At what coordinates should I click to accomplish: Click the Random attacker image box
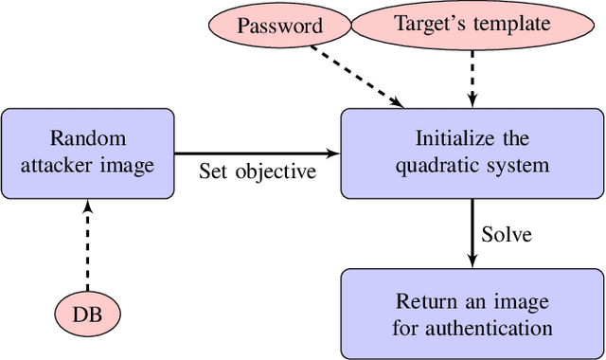coord(87,153)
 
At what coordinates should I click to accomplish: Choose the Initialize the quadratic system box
coord(471,153)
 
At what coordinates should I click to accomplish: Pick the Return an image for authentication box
coord(471,315)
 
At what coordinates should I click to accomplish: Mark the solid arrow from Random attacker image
coord(256,153)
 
